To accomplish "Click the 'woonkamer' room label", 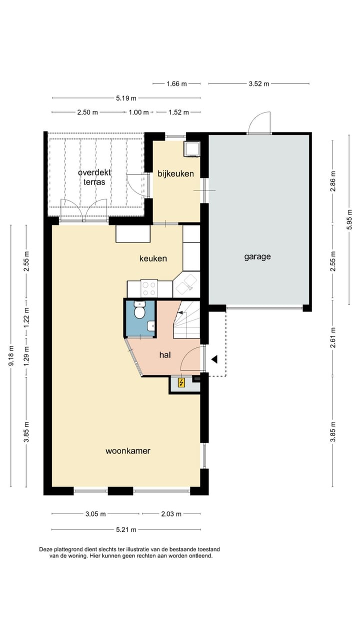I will pos(127,451).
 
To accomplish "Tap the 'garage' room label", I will pos(257,257).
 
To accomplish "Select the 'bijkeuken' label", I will pos(175,174).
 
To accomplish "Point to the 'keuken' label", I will pos(153,258).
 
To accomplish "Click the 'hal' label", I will pos(165,355).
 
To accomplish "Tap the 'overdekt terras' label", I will pos(94,177).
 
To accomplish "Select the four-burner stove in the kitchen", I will pos(149,288).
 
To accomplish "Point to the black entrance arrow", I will pos(214,359).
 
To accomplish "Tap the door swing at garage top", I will pos(259,123).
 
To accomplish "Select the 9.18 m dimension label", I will pos(11,355).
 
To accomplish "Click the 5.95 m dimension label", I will pos(349,221).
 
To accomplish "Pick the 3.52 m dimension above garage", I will pos(258,84).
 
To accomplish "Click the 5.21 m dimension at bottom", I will pos(126,529).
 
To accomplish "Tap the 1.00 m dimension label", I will pos(139,112).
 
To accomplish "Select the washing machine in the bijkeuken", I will pos(191,148).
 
